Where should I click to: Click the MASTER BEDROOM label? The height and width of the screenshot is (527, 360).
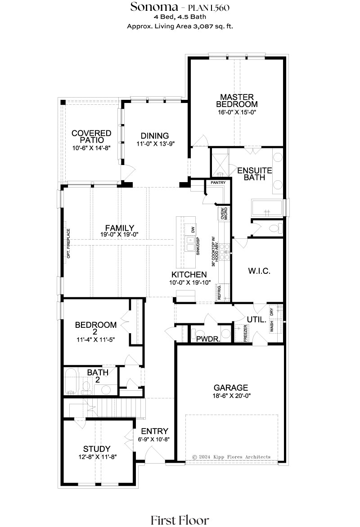click(x=237, y=100)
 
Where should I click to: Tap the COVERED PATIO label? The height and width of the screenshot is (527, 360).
click(x=91, y=136)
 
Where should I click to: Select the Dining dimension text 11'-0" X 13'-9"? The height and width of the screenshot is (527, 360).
click(x=155, y=144)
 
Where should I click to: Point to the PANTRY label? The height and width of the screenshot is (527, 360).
click(x=218, y=183)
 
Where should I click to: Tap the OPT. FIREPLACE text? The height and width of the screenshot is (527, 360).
click(x=68, y=243)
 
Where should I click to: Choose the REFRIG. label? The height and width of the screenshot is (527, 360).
click(x=219, y=292)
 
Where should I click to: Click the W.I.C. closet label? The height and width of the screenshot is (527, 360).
click(x=259, y=271)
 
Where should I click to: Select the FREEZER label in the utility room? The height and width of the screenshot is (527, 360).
click(x=245, y=333)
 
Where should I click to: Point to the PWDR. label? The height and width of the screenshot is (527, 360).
click(x=208, y=339)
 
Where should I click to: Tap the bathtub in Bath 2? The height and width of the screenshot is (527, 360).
click(x=71, y=381)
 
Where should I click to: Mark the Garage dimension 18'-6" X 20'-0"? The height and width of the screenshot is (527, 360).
click(x=231, y=396)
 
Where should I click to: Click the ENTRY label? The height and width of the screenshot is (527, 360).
click(x=154, y=431)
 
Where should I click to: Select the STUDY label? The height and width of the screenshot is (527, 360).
click(x=97, y=449)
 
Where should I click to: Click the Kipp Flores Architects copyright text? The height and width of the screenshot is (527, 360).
click(x=231, y=457)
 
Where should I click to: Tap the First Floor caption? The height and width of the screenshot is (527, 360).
click(x=180, y=520)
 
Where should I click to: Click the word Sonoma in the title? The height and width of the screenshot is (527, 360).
click(x=154, y=7)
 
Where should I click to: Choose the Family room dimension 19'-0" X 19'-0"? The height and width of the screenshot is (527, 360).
click(x=119, y=235)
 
